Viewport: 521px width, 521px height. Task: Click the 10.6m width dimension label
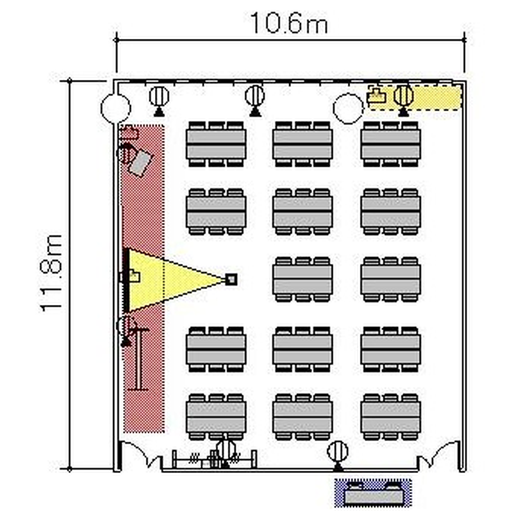[x=289, y=23]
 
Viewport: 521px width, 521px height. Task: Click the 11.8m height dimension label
[x=51, y=273]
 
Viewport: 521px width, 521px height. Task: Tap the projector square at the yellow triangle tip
[x=231, y=279]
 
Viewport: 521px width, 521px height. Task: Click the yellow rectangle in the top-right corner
[x=415, y=97]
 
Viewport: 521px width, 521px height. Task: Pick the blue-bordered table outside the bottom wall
[x=373, y=493]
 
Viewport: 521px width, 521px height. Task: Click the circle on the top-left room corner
[x=115, y=108]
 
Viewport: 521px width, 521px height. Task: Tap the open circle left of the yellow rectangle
[x=348, y=108]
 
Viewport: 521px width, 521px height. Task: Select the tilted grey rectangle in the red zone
[x=140, y=163]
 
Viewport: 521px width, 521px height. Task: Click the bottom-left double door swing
[x=141, y=452]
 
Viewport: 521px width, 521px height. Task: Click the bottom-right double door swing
[x=439, y=452]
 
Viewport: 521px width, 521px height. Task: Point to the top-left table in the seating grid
[x=216, y=144]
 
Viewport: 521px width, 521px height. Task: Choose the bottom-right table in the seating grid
[x=390, y=417]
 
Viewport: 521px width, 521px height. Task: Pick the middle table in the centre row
[x=302, y=279]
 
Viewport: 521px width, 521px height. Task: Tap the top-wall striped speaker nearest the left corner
[x=159, y=101]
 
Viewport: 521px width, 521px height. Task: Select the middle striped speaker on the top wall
[x=255, y=101]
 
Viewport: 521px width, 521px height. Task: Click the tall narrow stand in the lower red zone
[x=138, y=359]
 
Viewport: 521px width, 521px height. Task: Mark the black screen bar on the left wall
[x=126, y=281]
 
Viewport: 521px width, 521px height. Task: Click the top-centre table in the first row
[x=302, y=144]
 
